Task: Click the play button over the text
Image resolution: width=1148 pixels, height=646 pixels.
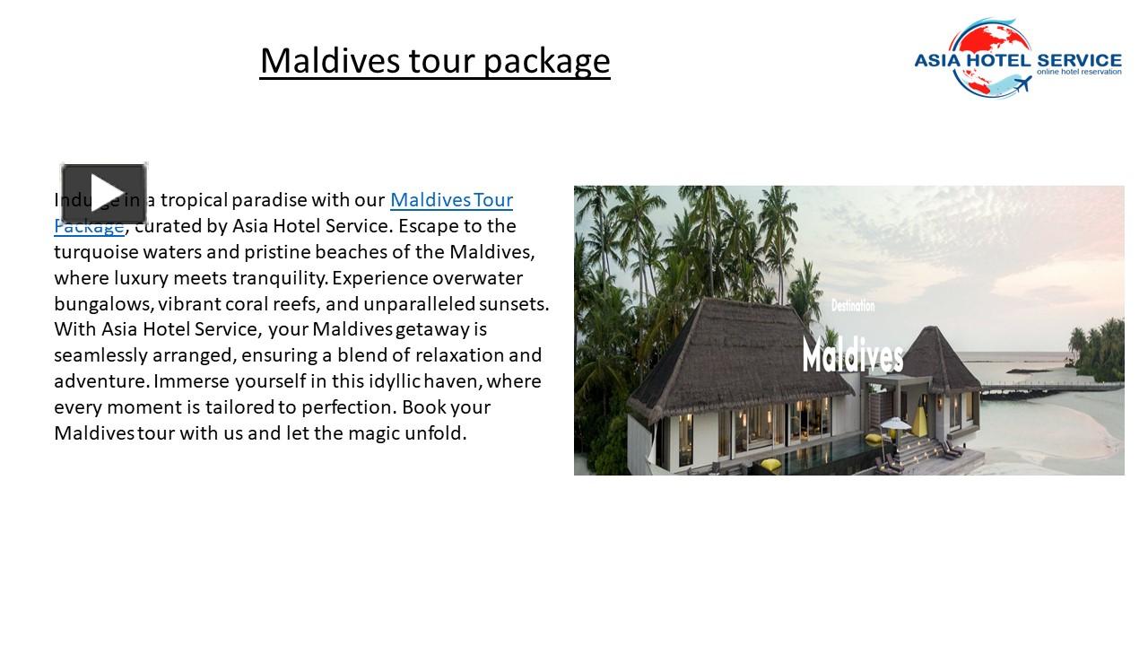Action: (104, 193)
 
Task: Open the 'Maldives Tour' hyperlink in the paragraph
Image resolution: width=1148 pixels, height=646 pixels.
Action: (451, 199)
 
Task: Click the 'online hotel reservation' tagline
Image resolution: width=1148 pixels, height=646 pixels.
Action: (1078, 72)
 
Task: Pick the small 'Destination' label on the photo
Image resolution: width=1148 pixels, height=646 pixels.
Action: (852, 307)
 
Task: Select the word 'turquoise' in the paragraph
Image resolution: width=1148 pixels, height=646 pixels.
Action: (96, 251)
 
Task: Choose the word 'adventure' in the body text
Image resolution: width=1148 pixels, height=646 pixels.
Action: (97, 381)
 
